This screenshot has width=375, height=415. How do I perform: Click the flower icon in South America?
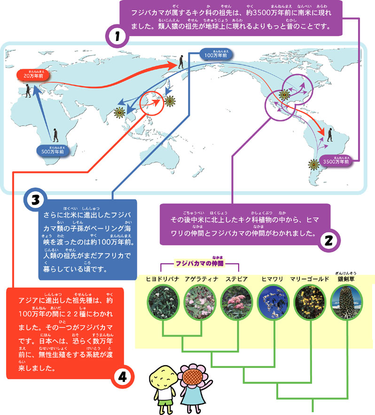(x=313, y=164)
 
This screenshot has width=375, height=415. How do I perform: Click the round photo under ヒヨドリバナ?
(x=162, y=301)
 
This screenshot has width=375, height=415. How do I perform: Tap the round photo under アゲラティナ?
(x=199, y=301)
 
